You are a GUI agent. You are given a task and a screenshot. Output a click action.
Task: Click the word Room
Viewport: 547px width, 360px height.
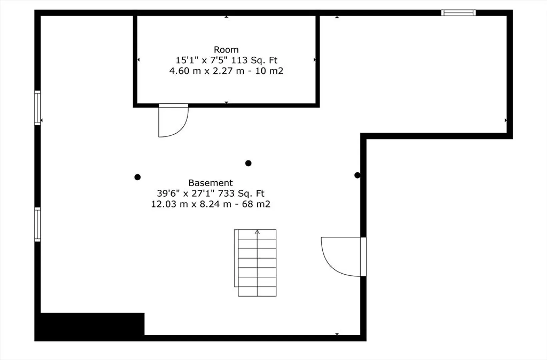pyautogui.click(x=226, y=50)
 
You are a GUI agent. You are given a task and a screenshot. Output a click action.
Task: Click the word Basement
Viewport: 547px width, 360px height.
pyautogui.click(x=210, y=183)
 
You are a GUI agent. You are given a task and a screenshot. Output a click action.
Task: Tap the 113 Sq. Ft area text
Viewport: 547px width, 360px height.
pyautogui.click(x=254, y=60)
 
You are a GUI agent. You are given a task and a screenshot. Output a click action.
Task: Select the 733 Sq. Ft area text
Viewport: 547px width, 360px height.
pyautogui.click(x=241, y=193)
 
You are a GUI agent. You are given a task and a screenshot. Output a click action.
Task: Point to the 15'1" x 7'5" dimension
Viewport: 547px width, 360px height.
pyautogui.click(x=201, y=60)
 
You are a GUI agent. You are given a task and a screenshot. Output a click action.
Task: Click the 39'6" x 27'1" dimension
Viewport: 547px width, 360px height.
pyautogui.click(x=186, y=193)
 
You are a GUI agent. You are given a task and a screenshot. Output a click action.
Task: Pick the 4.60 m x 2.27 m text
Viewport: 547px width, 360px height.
pyautogui.click(x=207, y=71)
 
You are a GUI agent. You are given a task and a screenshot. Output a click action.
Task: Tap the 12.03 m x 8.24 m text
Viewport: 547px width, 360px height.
pyautogui.click(x=191, y=204)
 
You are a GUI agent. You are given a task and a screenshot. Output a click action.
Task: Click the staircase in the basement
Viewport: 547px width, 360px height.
pyautogui.click(x=255, y=263)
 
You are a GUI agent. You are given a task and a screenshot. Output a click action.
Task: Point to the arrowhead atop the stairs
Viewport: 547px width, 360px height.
pyautogui.click(x=257, y=232)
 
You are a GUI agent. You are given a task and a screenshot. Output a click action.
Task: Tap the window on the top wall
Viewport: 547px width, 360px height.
pyautogui.click(x=458, y=13)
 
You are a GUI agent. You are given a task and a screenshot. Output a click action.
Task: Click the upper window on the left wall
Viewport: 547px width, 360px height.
pyautogui.click(x=37, y=108)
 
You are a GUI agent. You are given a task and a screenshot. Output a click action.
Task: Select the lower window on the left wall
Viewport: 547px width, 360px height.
pyautogui.click(x=37, y=224)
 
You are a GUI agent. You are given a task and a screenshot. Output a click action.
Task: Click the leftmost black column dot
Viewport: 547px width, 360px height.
pyautogui.click(x=137, y=177)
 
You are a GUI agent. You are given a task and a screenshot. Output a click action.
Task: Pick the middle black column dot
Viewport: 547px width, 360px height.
pyautogui.click(x=248, y=163)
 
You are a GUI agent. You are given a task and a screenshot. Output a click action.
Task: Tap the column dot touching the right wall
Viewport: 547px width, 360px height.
pyautogui.click(x=357, y=175)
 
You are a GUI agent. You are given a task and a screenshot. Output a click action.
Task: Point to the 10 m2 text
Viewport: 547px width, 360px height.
pyautogui.click(x=269, y=71)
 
